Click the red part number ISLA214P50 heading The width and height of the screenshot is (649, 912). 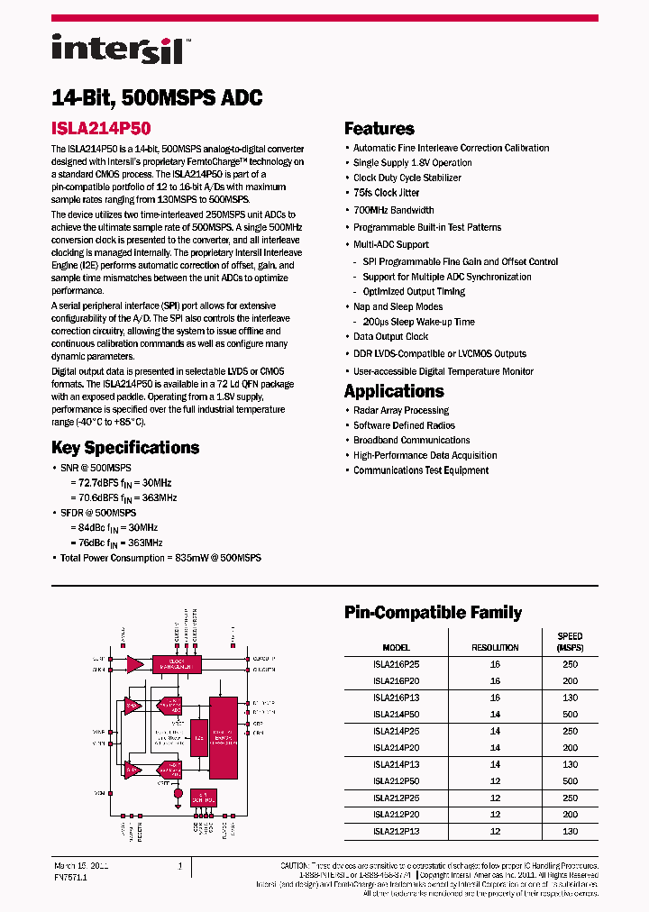coord(101,128)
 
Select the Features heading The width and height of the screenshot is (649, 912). coord(379,129)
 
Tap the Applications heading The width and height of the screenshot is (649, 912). coord(394,391)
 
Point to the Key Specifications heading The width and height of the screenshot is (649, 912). coord(125,448)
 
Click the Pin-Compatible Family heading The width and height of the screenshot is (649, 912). coord(433,613)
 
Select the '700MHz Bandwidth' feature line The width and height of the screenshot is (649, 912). coord(393,210)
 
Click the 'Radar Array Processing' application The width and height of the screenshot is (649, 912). coord(400,410)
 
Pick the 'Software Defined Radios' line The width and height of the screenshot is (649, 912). coord(404,425)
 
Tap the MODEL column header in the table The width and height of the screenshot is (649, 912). coord(396,648)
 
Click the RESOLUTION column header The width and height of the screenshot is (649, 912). coord(495,648)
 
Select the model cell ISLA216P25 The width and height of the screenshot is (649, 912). coord(396,664)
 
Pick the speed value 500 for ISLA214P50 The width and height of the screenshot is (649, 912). coord(569,714)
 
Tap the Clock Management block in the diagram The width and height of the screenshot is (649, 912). coord(176,664)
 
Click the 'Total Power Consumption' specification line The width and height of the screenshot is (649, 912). coord(160,558)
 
